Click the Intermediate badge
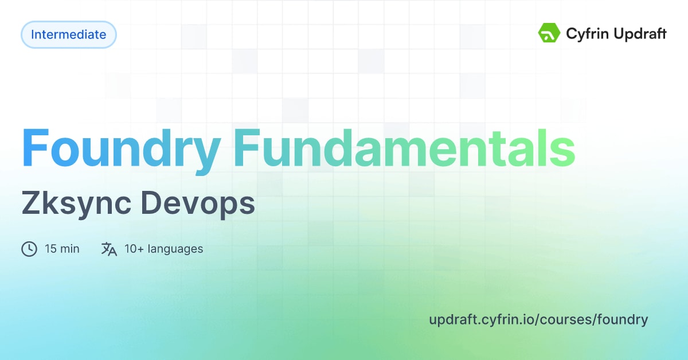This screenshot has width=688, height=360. point(68,34)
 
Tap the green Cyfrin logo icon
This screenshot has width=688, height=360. point(549,34)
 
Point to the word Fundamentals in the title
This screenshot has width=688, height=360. point(404,148)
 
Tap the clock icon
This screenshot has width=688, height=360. point(29,249)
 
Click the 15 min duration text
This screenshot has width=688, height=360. point(62,249)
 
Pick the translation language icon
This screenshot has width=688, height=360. point(109,249)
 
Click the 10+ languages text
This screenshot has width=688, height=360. point(163,249)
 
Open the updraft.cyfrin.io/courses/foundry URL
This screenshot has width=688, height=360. point(538,319)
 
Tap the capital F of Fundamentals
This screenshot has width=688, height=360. point(244,148)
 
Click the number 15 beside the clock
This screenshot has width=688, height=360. point(50,249)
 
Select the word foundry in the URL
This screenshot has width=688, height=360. point(623,319)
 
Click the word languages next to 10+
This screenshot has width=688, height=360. point(175,249)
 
